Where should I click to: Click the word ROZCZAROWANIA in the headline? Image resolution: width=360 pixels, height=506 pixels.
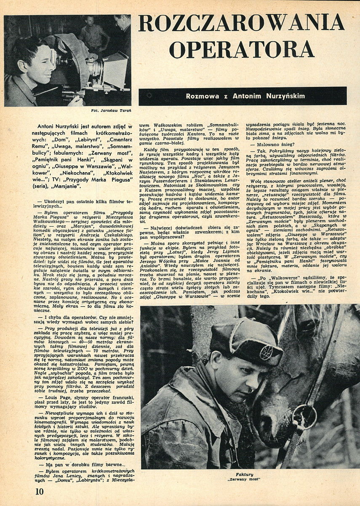[242, 23]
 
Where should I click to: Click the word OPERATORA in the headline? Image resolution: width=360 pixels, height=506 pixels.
[242, 48]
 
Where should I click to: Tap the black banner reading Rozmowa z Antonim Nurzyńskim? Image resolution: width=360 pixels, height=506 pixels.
[243, 96]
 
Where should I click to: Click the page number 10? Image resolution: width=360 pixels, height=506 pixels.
[39, 491]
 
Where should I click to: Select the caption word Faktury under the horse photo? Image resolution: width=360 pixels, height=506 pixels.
[248, 474]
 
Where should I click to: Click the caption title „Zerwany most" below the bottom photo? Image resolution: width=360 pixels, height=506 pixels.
[248, 479]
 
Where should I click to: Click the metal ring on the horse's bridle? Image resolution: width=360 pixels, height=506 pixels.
[304, 417]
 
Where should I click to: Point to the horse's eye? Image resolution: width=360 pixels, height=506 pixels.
[310, 326]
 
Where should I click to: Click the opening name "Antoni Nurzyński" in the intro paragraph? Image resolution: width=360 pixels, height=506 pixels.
[67, 126]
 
